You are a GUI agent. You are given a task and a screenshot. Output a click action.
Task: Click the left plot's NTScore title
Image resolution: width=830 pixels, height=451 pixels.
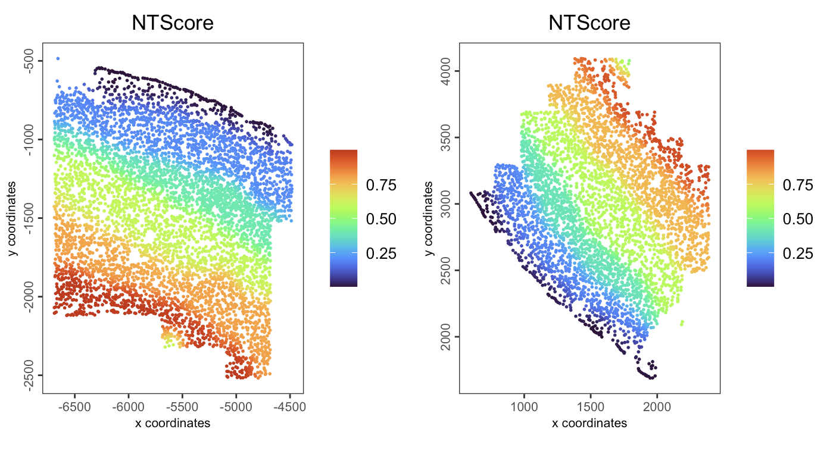tap(172, 23)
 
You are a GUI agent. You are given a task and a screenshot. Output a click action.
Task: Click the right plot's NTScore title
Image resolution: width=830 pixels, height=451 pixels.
tap(589, 23)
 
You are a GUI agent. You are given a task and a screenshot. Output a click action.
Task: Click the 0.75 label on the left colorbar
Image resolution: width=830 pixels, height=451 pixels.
tap(381, 186)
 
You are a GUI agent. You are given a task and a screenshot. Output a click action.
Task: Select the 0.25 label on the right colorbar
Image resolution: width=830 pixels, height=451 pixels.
tap(798, 253)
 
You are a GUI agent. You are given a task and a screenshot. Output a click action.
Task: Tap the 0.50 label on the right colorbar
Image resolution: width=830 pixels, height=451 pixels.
tap(798, 220)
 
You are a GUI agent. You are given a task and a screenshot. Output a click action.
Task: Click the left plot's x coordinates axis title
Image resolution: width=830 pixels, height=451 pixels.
tap(172, 423)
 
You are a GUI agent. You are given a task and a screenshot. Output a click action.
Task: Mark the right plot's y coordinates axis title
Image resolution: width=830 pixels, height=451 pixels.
tap(429, 218)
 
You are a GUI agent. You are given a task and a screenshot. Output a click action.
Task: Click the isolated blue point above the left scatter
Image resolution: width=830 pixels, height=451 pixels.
tap(58, 58)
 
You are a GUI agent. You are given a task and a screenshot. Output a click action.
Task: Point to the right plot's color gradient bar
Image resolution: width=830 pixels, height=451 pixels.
tap(760, 218)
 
